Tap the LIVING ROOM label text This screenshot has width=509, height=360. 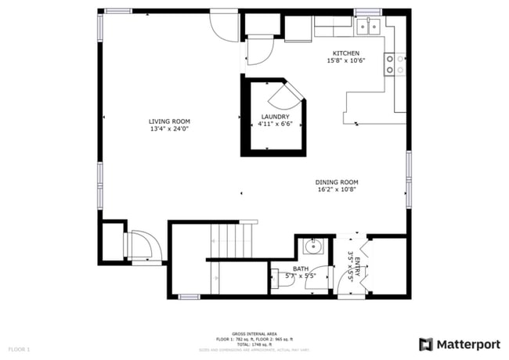click(170, 121)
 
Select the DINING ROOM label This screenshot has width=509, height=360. click(337, 182)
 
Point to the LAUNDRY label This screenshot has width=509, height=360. click(275, 117)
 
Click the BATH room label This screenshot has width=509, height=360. click(301, 268)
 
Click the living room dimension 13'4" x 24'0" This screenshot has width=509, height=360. click(170, 129)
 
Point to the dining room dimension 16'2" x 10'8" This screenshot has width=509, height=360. click(337, 190)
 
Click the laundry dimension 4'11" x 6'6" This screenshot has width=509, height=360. click(275, 124)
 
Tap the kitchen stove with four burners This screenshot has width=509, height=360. click(394, 64)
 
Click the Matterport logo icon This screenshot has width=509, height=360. click(426, 344)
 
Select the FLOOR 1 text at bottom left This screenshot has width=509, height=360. click(19, 348)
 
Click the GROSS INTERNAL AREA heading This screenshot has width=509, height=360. click(254, 333)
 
